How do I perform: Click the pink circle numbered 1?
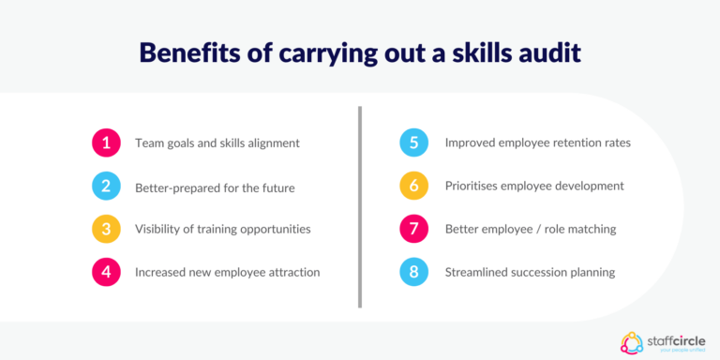click(x=105, y=143)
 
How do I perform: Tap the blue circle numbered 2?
click(x=105, y=187)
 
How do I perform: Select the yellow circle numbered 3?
click(x=105, y=229)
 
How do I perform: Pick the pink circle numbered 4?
click(x=105, y=272)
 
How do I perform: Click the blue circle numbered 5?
click(x=413, y=143)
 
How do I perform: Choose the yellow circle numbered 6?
click(x=413, y=187)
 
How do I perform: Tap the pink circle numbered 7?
click(x=413, y=229)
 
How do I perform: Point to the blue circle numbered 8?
click(x=413, y=272)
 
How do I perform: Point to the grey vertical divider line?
click(x=360, y=206)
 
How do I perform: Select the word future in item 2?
click(x=276, y=187)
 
